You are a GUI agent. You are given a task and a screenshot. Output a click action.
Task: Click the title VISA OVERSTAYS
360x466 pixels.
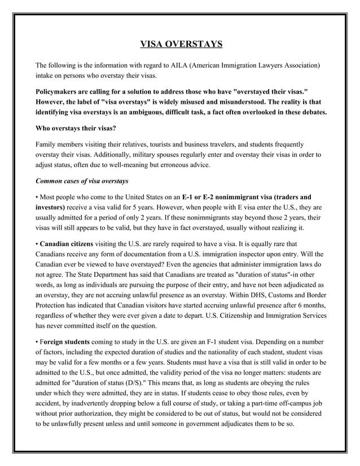(x=181, y=44)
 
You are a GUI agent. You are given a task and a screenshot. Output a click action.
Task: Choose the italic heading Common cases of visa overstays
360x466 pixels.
(x=82, y=181)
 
